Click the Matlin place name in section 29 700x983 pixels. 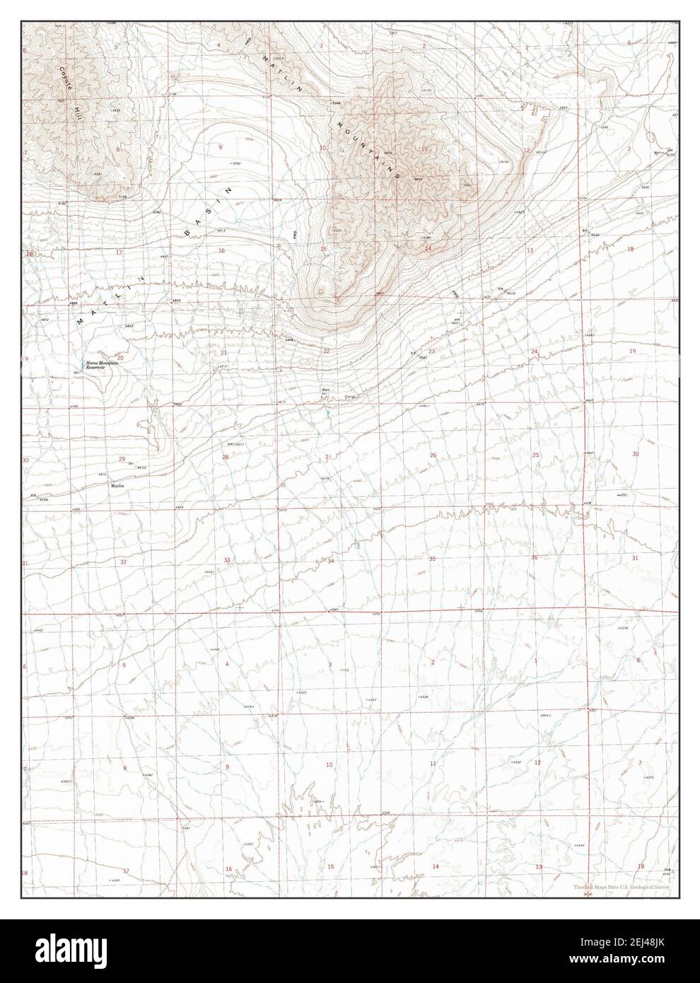[x=117, y=487]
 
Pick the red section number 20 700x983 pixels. [x=120, y=358]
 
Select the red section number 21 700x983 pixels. [x=223, y=352]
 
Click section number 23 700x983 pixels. [x=431, y=351]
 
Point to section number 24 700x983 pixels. [x=535, y=351]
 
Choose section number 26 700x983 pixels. [x=433, y=455]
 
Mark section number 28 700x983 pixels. [x=226, y=458]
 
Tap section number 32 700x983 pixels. [x=123, y=562]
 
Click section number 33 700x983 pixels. [x=227, y=560]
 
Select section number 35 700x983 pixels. [x=433, y=559]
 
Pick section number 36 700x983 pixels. [x=535, y=558]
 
